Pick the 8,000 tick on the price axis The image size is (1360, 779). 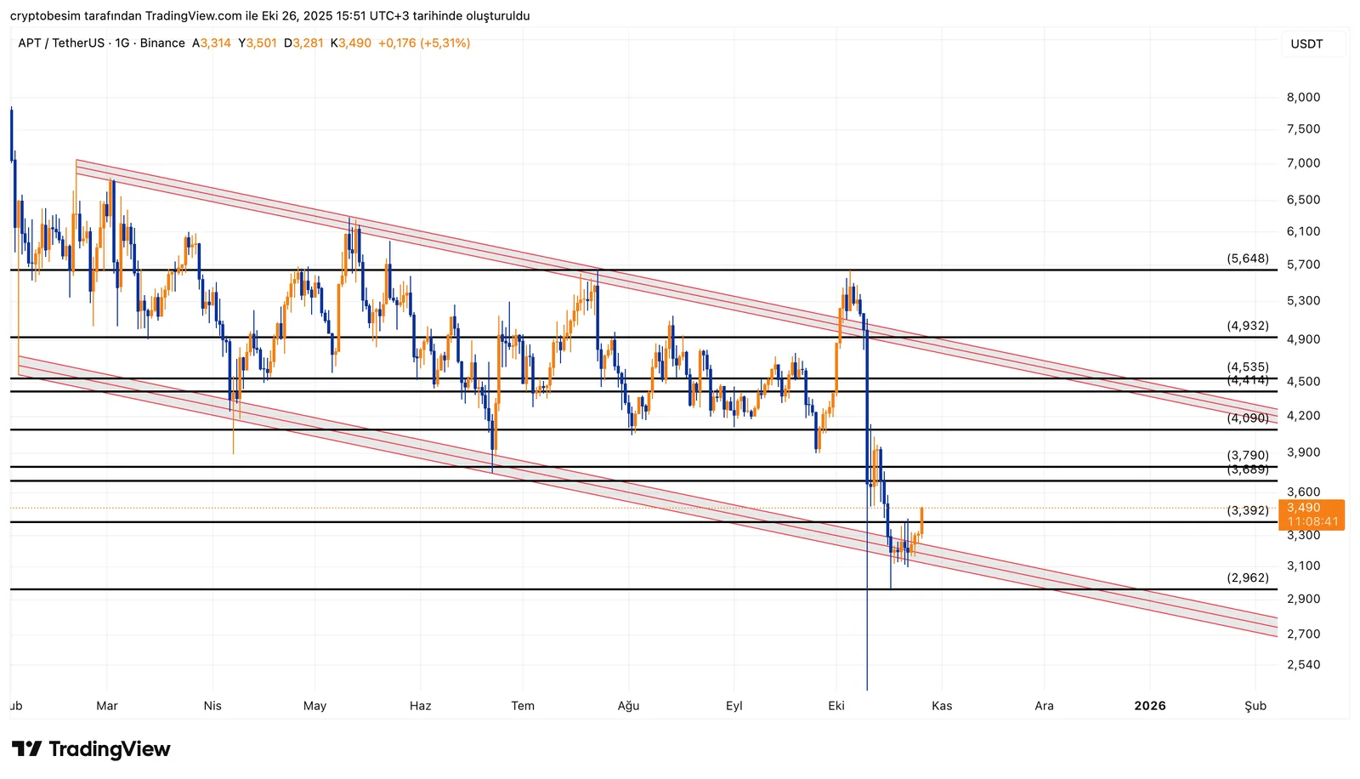(x=1303, y=98)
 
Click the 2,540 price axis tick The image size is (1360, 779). (x=1303, y=665)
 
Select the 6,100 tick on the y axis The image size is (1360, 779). (x=1303, y=231)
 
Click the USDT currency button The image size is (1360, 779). (x=1306, y=44)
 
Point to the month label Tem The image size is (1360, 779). (x=523, y=706)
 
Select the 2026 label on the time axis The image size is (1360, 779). (x=1149, y=706)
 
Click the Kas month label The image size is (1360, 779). (x=942, y=706)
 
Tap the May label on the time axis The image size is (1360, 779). (x=314, y=706)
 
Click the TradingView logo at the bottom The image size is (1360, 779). (x=91, y=749)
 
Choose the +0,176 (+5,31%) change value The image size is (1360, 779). (x=424, y=43)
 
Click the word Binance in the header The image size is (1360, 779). (x=162, y=43)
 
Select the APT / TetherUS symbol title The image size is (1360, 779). (x=61, y=43)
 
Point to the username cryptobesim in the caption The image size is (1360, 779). (x=46, y=16)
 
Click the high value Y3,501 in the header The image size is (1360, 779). (x=258, y=43)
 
